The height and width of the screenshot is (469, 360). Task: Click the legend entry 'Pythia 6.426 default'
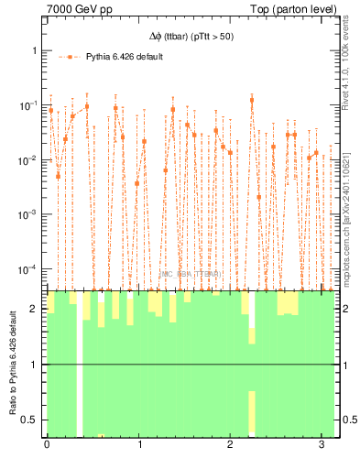coord(125,56)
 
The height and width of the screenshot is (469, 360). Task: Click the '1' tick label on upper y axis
coord(36,50)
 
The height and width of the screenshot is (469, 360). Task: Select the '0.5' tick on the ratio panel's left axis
coord(31,420)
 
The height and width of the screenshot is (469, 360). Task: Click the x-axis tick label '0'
coord(47,445)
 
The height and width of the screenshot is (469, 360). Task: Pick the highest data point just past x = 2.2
coord(252,100)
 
